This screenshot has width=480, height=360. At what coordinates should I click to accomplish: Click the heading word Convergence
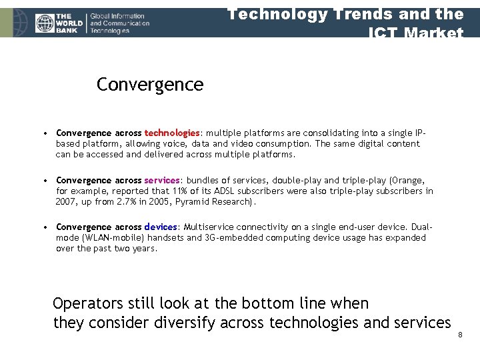149,85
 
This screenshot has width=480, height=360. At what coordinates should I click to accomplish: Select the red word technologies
171,133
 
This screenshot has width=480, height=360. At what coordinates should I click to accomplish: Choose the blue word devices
160,227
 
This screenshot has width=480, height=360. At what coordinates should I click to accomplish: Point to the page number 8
460,334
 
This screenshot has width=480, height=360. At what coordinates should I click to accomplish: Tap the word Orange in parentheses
408,180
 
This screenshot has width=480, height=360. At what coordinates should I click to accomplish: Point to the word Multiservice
209,227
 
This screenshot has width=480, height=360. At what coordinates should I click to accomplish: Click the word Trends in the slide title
359,13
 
